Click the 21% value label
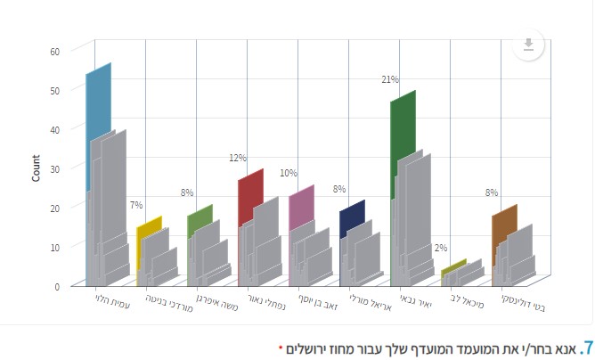point(389,79)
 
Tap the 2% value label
point(440,248)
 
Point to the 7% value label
point(135,205)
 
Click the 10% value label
point(288,173)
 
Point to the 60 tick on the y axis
point(54,51)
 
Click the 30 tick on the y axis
point(54,168)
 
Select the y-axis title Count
point(36,168)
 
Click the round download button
point(528,45)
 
